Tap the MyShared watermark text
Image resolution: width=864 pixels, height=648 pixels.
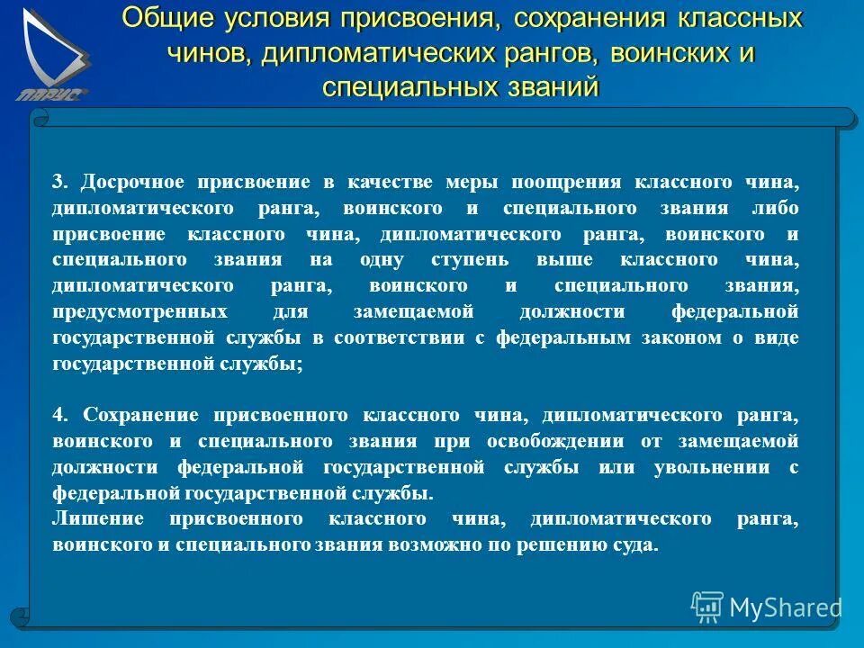(785, 607)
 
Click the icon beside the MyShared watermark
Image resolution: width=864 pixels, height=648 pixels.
(707, 607)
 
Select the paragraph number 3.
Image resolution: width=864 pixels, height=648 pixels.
(59, 182)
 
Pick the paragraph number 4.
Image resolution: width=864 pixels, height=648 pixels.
(59, 415)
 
